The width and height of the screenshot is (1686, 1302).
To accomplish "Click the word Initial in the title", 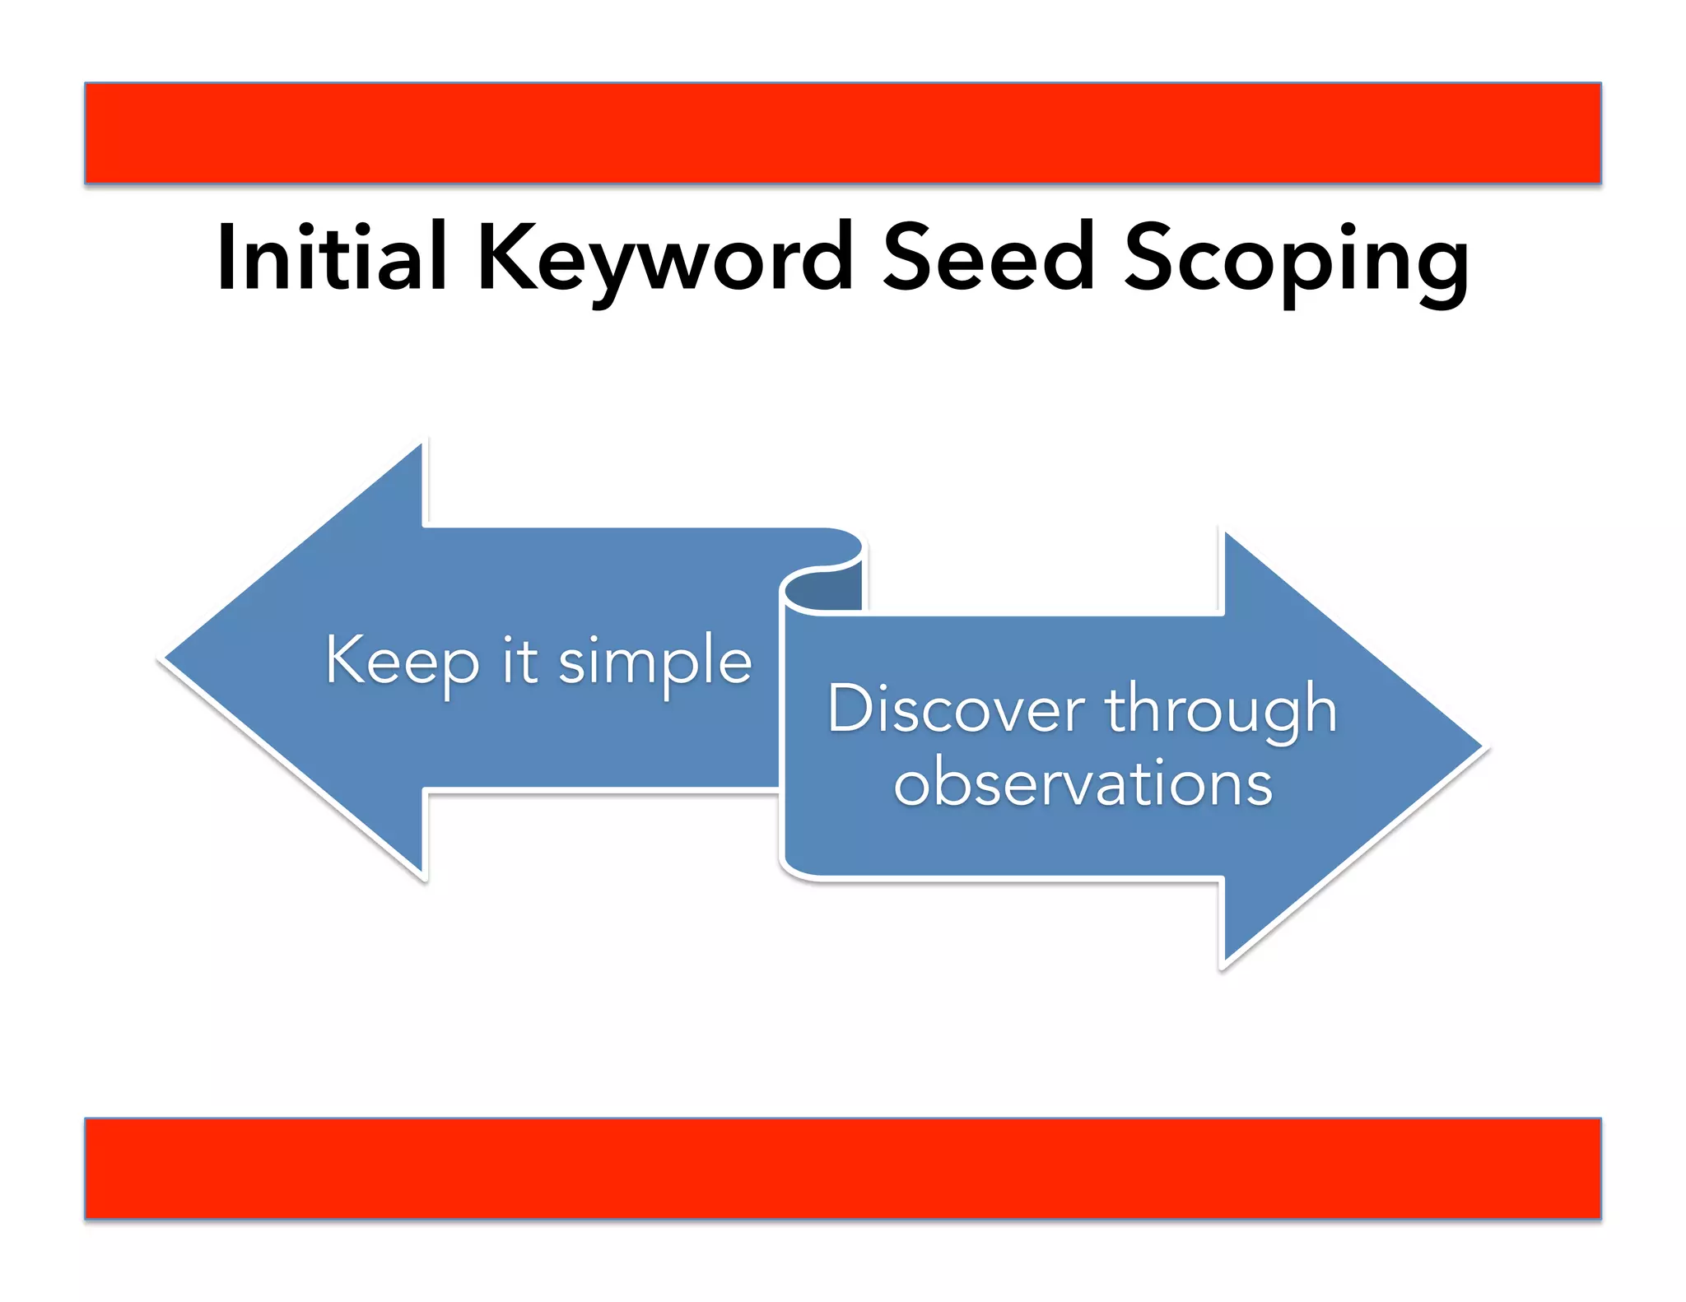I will [331, 258].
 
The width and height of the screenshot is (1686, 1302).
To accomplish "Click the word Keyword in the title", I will [664, 259].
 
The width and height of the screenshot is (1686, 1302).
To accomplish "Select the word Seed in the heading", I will [988, 258].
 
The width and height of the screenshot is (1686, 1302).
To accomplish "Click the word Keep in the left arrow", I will [402, 661].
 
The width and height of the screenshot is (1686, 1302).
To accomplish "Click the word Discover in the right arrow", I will [956, 709].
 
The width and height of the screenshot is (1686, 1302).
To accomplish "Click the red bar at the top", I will [842, 133].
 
